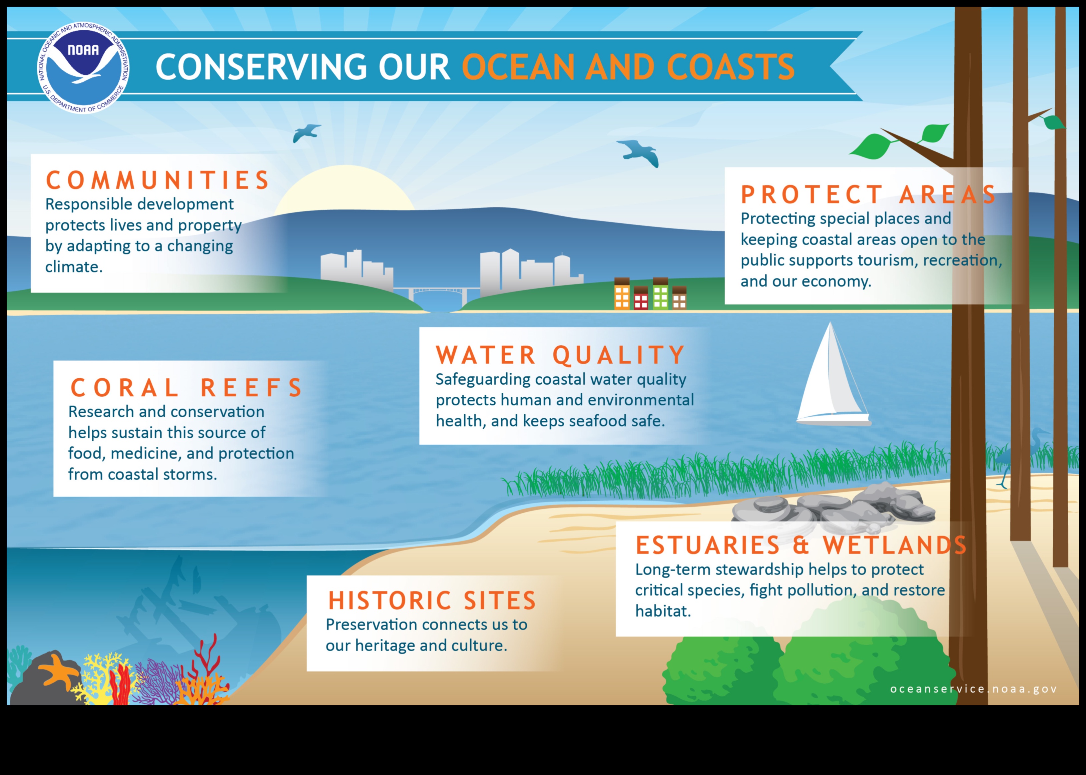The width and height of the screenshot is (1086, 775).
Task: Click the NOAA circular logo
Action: point(83,68)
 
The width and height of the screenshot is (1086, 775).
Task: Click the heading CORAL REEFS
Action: point(186,388)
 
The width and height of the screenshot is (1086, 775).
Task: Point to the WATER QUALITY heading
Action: point(561,355)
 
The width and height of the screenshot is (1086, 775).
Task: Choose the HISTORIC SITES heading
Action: point(432,600)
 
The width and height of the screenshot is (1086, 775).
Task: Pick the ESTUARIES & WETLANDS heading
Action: point(801,545)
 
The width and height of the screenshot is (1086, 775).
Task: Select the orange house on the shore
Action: point(622,294)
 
